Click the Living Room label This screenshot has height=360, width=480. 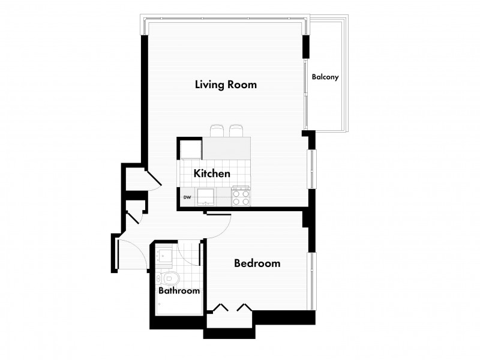[x=226, y=85]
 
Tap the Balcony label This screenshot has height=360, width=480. [x=325, y=77]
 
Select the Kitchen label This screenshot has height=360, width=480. [x=212, y=173]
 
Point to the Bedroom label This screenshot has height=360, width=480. [x=257, y=263]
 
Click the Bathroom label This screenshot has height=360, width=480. [x=179, y=290]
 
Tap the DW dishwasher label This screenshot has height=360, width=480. [x=187, y=197]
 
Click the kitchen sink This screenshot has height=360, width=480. [x=205, y=197]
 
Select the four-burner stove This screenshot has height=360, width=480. [x=241, y=196]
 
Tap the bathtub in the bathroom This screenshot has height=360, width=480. [x=179, y=302]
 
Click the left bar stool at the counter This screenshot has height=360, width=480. [x=217, y=131]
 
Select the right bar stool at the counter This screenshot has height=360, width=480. [x=236, y=131]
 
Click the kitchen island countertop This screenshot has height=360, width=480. [x=226, y=148]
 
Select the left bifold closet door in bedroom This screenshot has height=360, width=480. [x=220, y=307]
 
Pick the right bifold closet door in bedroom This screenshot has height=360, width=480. [x=245, y=307]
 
